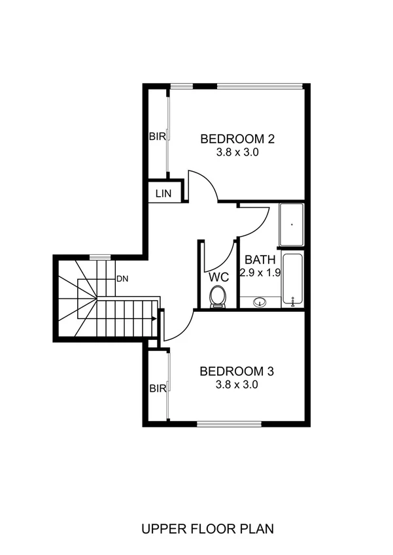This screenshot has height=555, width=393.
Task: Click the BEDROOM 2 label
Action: [237, 139]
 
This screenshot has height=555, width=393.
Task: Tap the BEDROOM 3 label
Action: [237, 371]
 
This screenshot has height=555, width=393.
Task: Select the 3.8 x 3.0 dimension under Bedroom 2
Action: [237, 152]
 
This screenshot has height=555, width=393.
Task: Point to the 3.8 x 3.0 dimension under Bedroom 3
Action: [237, 385]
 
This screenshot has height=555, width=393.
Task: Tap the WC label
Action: [218, 276]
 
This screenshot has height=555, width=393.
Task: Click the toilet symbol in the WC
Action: [218, 297]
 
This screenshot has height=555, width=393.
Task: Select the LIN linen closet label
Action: [162, 193]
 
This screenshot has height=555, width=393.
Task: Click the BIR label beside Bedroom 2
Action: [158, 137]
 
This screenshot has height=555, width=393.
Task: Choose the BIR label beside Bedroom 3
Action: [158, 388]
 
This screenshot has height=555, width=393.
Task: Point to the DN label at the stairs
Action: [122, 278]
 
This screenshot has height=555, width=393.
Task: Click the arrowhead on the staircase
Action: [153, 319]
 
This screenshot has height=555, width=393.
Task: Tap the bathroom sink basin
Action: [260, 302]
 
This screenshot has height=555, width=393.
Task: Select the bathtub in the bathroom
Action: [292, 279]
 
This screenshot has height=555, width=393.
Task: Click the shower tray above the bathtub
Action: [292, 225]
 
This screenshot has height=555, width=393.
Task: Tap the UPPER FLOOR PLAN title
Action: [207, 528]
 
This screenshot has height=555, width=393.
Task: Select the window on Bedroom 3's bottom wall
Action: [229, 424]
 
